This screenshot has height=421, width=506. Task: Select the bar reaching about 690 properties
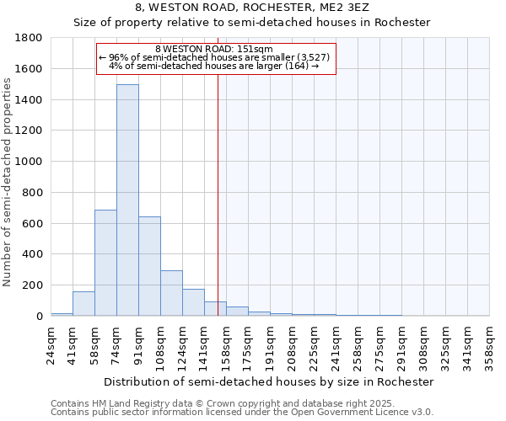click(105, 263)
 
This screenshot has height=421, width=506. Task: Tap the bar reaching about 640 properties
click(149, 266)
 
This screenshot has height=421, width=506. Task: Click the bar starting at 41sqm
click(83, 304)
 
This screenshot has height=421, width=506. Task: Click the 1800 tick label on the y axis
click(30, 38)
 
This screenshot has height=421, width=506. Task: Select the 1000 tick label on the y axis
click(30, 162)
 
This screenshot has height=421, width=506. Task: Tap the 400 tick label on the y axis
click(33, 254)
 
